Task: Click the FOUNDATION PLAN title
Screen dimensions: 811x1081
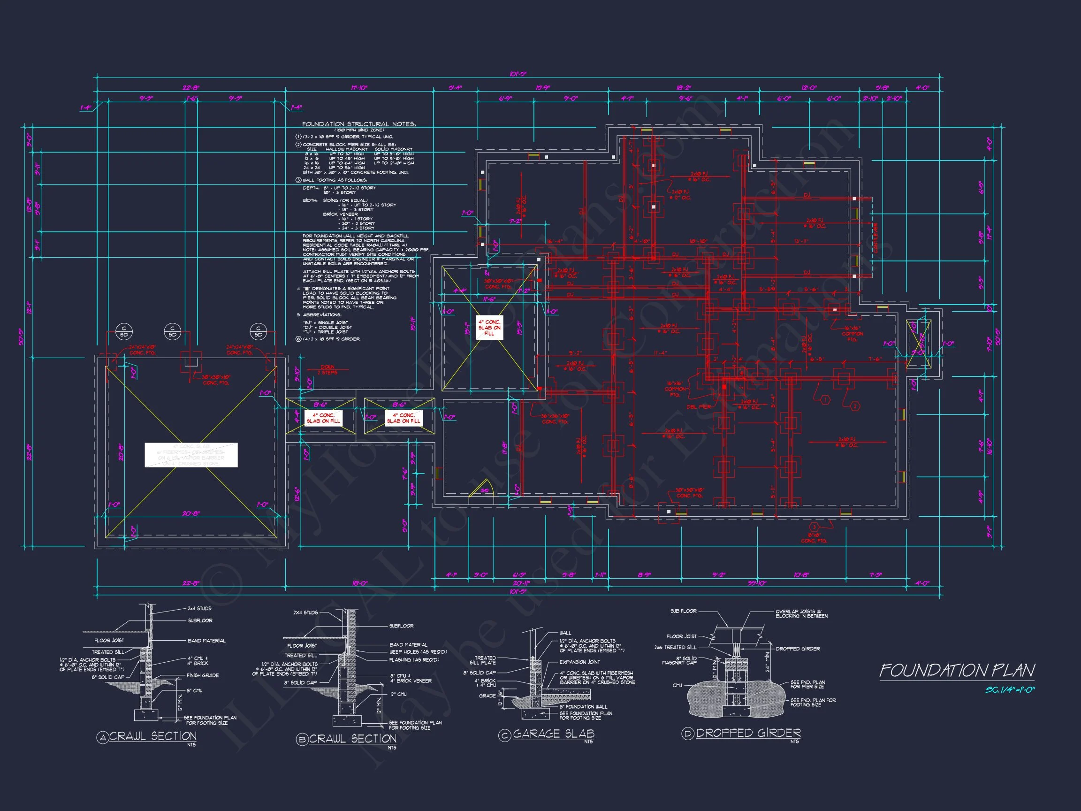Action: click(x=957, y=670)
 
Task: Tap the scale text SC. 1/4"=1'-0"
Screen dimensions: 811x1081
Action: click(x=1010, y=690)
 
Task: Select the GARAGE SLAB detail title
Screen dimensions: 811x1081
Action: click(x=553, y=734)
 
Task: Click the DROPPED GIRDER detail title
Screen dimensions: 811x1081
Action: click(x=748, y=733)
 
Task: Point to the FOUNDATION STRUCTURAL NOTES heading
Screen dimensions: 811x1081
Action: click(x=359, y=124)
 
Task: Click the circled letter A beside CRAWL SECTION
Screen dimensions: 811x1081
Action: click(x=102, y=738)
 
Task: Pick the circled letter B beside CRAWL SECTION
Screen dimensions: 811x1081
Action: click(x=302, y=740)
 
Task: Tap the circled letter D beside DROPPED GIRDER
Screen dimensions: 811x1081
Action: click(x=688, y=734)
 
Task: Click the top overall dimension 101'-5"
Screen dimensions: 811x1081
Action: click(x=518, y=74)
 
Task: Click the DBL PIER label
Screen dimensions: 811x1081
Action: click(x=698, y=407)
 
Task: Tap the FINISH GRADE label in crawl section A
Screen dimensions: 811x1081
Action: click(x=203, y=675)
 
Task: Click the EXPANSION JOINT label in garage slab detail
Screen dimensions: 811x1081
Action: click(x=579, y=662)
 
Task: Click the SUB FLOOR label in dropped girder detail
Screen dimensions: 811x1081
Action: click(x=683, y=611)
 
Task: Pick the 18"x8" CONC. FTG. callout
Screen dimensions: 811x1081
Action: click(x=814, y=538)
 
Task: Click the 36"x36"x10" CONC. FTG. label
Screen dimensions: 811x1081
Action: click(x=555, y=419)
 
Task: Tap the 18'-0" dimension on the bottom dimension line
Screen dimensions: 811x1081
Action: click(x=360, y=583)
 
